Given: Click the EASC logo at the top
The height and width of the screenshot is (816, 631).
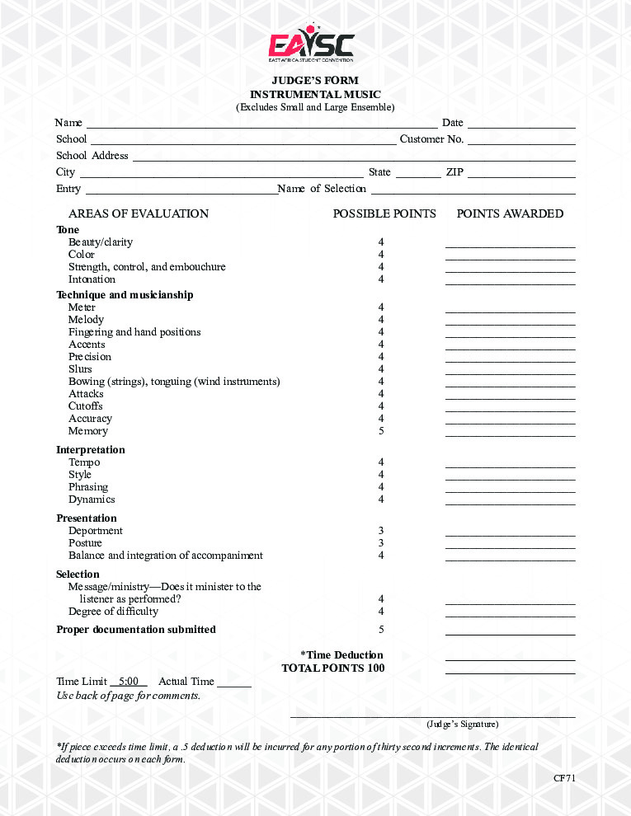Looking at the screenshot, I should coord(312,46).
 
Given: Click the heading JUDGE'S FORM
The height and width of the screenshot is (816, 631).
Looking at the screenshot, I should coord(315,81).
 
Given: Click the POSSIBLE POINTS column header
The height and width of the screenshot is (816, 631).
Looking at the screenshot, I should coord(384,213).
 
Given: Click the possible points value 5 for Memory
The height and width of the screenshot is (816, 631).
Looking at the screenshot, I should coord(381,431).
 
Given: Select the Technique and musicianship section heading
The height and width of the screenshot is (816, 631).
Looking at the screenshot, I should coord(125,295).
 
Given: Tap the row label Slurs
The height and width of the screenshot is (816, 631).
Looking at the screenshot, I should coord(80,369).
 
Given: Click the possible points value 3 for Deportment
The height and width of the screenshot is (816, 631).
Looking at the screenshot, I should coord(381,531).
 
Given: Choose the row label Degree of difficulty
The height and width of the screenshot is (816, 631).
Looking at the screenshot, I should coord(113,612).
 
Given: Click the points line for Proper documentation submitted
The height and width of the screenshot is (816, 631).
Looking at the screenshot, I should coord(510,633).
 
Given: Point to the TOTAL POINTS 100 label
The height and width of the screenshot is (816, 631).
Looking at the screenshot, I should coord(332,668).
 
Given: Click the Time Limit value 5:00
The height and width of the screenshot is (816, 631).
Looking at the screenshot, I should coord(128,682).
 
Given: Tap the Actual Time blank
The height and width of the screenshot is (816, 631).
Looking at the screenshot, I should coord(234,684).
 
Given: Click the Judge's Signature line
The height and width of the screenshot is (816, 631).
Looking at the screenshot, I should coord(432,716).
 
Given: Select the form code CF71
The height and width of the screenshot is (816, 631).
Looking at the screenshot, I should coord(564,778).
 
